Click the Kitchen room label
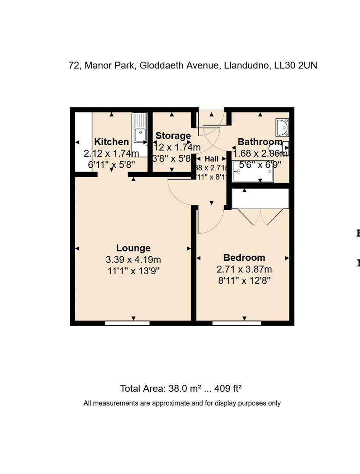click(x=111, y=142)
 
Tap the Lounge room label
click(x=133, y=248)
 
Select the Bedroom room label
click(x=244, y=258)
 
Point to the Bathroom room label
click(x=259, y=142)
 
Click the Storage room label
click(x=173, y=136)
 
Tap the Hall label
click(x=211, y=159)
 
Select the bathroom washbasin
click(x=282, y=127)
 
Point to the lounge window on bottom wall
click(x=128, y=323)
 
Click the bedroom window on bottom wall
click(x=237, y=323)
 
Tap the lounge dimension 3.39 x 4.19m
click(x=133, y=260)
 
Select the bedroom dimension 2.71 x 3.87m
click(x=244, y=269)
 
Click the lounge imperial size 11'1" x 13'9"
click(x=133, y=271)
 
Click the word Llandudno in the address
click(x=246, y=65)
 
